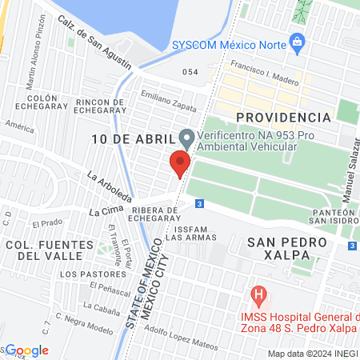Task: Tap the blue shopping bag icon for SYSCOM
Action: (297, 40)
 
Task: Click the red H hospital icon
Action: (258, 295)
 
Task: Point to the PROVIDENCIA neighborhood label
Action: (284, 118)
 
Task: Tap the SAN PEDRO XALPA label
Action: (287, 247)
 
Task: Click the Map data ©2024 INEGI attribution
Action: (312, 354)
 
